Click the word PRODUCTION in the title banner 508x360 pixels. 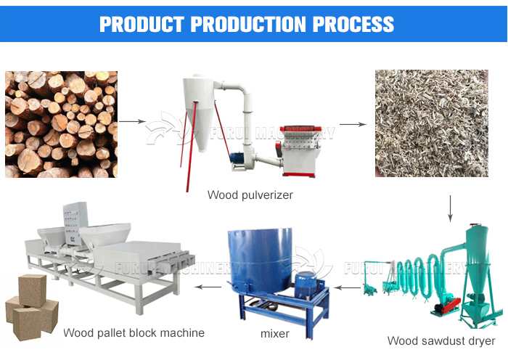pyautogui.click(x=248, y=24)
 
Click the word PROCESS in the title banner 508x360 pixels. pyautogui.click(x=353, y=24)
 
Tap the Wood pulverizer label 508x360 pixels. pyautogui.click(x=250, y=195)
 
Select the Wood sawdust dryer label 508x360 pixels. pyautogui.click(x=441, y=341)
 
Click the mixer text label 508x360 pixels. pyautogui.click(x=275, y=333)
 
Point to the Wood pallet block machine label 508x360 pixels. pyautogui.click(x=134, y=332)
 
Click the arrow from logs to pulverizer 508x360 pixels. pyautogui.click(x=133, y=121)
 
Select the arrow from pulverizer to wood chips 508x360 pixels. pyautogui.click(x=353, y=124)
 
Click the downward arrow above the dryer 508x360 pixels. pyautogui.click(x=450, y=208)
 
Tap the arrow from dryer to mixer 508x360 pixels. pyautogui.click(x=348, y=287)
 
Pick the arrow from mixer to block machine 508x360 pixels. pyautogui.click(x=208, y=287)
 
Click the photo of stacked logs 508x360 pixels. pyautogui.click(x=61, y=124)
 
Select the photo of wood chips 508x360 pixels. pyautogui.click(x=432, y=123)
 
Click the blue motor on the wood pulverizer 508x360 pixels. pyautogui.click(x=237, y=158)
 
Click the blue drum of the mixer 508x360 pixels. pyautogui.click(x=260, y=260)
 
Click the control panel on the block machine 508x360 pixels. pyautogui.click(x=75, y=224)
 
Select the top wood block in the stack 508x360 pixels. pyautogui.click(x=33, y=290)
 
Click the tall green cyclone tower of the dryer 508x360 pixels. pyautogui.click(x=476, y=259)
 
